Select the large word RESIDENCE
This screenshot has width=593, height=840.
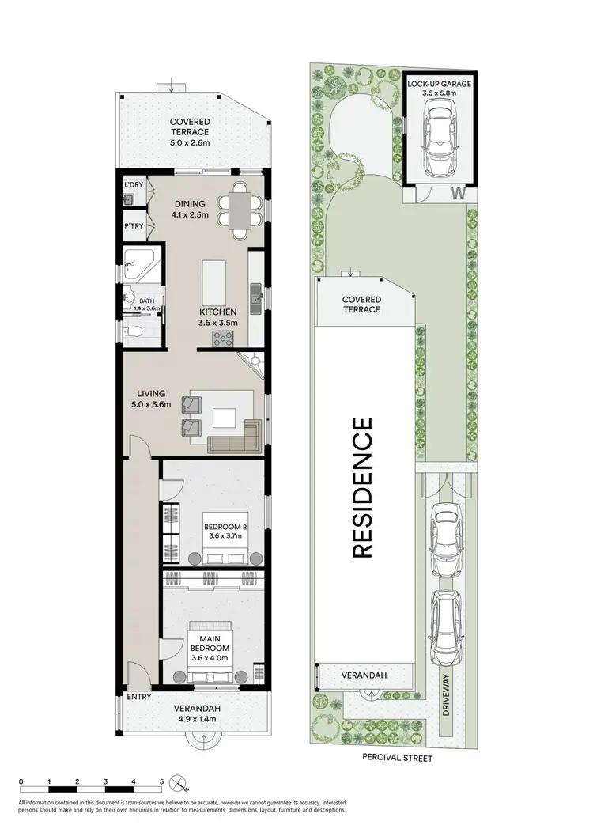361,489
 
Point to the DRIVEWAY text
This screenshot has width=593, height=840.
448,696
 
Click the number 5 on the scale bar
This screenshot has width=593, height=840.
161,781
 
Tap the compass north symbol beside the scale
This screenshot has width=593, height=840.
180,783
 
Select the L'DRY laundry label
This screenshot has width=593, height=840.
133,185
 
